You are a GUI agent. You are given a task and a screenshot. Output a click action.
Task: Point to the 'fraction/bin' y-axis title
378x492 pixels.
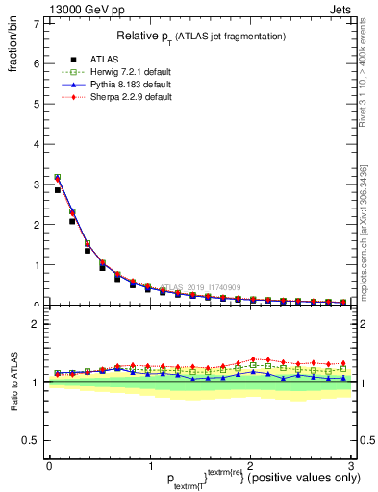[x=13, y=49]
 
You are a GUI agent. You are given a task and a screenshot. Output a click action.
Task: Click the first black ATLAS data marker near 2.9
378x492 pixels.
[x=59, y=190]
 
